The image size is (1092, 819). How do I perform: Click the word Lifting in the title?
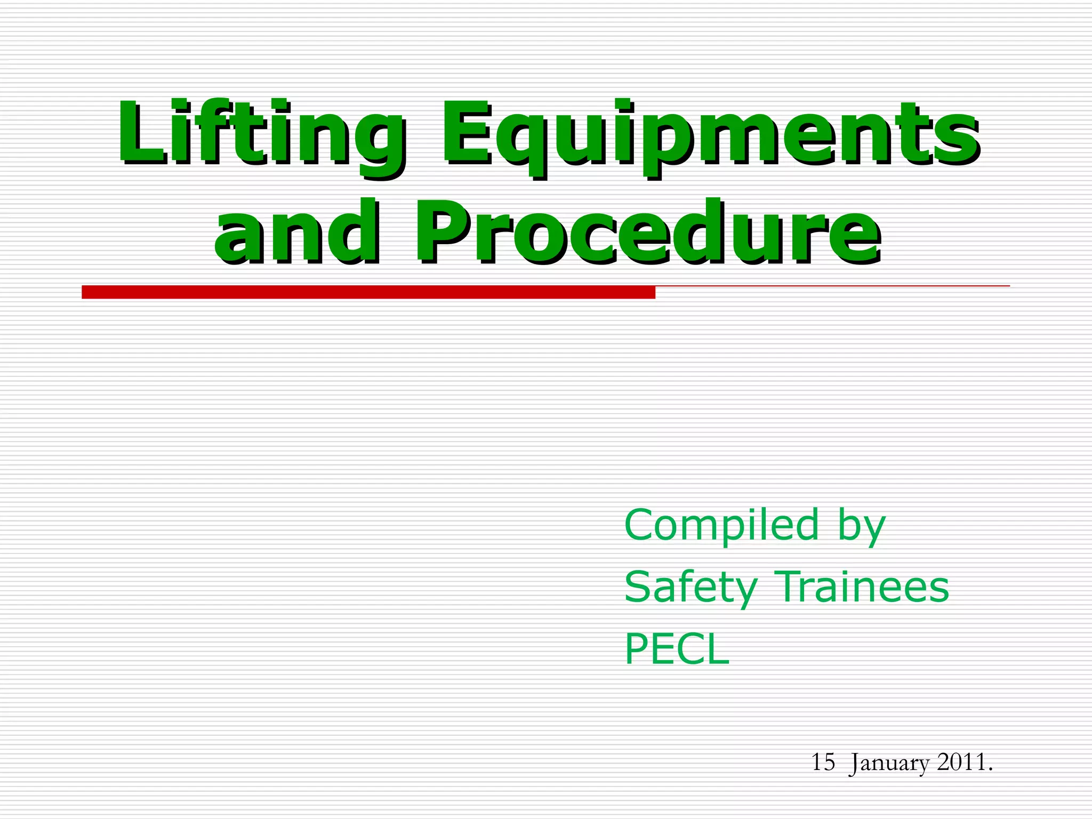pyautogui.click(x=261, y=133)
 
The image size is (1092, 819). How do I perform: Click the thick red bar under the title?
pyautogui.click(x=368, y=292)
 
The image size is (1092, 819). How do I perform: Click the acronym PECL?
pyautogui.click(x=676, y=649)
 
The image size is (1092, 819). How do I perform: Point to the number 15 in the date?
pyautogui.click(x=823, y=762)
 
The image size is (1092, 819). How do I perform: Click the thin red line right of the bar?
pyautogui.click(x=832, y=286)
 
